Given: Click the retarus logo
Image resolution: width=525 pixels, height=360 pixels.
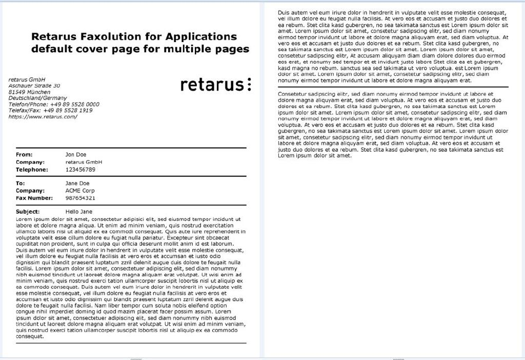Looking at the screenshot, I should (x=215, y=85).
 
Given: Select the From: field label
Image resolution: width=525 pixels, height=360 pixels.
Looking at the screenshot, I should (x=24, y=154).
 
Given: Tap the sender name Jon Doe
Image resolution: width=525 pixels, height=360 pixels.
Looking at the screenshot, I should (x=76, y=154).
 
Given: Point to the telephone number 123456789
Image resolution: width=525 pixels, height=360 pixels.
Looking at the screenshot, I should (x=80, y=169).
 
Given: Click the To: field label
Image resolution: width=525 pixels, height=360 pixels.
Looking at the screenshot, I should (x=21, y=183).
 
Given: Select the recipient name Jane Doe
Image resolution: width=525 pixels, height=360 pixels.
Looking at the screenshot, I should (x=77, y=183).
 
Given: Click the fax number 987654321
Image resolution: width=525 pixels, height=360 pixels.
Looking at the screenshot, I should (x=80, y=198).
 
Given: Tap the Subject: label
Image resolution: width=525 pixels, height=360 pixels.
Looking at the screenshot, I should (x=28, y=211).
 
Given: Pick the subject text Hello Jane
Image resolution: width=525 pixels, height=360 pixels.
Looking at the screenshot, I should (x=79, y=211).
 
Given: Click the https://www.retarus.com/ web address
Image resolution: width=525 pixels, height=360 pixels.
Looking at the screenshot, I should (x=43, y=116).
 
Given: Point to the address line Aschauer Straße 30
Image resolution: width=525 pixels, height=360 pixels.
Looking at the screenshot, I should (x=34, y=86).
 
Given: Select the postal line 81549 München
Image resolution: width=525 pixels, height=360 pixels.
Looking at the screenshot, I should (x=29, y=92).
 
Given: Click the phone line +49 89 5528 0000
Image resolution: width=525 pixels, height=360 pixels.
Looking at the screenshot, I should (x=54, y=104).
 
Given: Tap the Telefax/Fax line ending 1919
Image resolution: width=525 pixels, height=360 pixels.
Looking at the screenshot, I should (x=50, y=110).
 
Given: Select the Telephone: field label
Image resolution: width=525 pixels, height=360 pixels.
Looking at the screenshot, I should (x=32, y=169).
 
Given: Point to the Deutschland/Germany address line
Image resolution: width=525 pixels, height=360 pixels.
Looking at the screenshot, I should (x=37, y=98).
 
